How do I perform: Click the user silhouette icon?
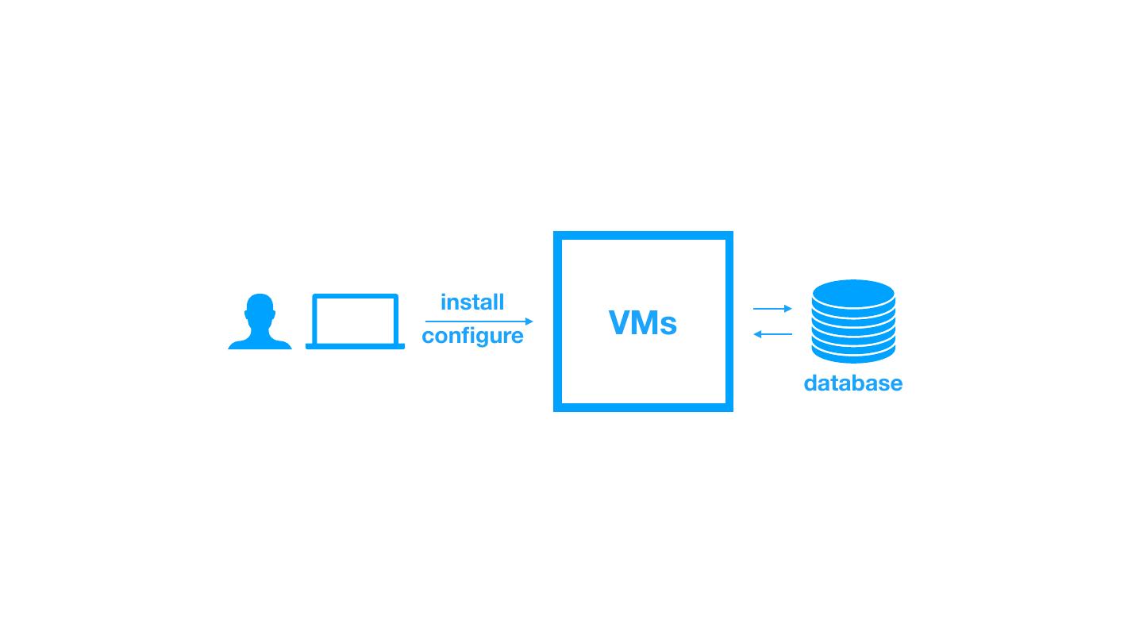point(260,323)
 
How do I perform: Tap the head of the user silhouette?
point(260,310)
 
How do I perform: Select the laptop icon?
point(355,321)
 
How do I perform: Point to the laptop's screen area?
point(355,318)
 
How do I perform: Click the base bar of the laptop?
point(355,346)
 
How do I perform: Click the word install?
point(472,302)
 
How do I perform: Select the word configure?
point(472,336)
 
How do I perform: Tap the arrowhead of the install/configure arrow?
point(529,321)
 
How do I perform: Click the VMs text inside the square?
point(643,323)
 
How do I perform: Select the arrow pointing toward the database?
point(772,308)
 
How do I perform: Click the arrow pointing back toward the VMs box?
point(772,334)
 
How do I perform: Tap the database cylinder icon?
point(853,321)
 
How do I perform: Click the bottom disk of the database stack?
point(853,355)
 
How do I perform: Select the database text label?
point(853,383)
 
